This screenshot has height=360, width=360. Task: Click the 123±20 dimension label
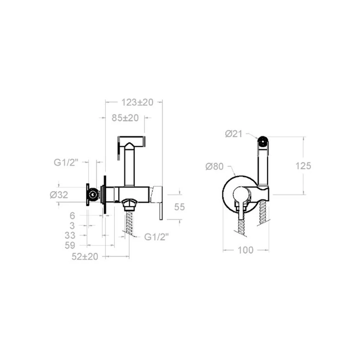click(x=137, y=102)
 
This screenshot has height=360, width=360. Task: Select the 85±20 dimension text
click(x=125, y=118)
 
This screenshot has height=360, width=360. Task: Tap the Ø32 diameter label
click(x=59, y=195)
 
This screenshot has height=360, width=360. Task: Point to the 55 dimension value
click(x=179, y=207)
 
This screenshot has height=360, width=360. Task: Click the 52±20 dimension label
click(x=85, y=256)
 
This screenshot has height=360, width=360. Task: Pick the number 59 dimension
click(x=70, y=246)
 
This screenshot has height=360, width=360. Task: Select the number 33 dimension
click(x=70, y=235)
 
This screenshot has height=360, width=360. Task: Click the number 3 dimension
click(x=72, y=226)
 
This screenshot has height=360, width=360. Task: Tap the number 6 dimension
click(x=72, y=216)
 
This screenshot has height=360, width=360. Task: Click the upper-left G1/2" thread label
click(x=66, y=163)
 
